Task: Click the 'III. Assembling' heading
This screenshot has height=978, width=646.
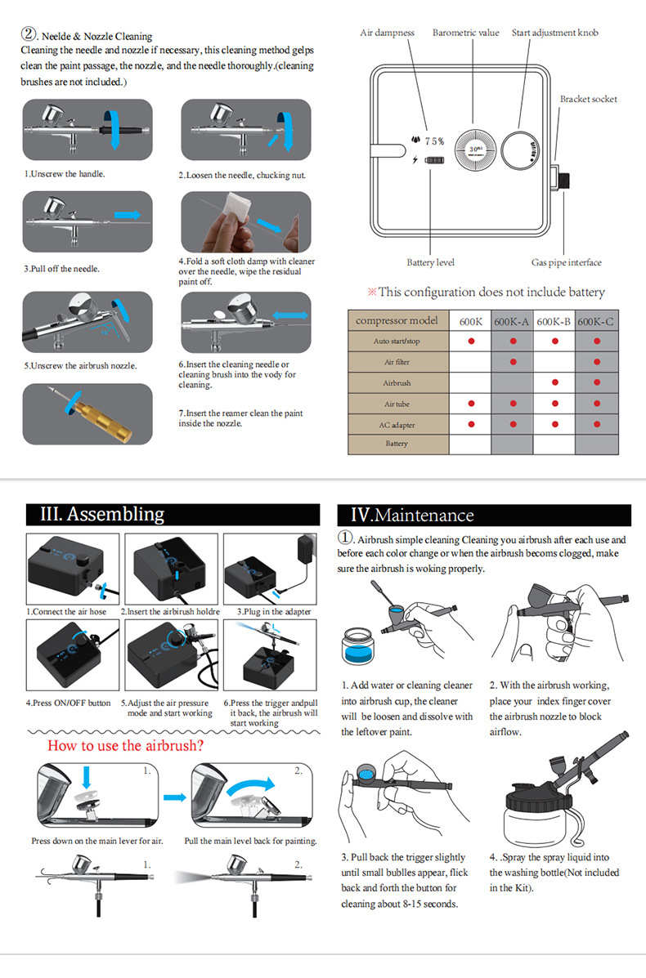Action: click(102, 514)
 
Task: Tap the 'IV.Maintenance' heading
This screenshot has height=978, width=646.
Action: click(411, 515)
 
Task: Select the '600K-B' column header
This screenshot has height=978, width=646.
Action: click(554, 321)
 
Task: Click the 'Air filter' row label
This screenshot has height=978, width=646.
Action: click(397, 362)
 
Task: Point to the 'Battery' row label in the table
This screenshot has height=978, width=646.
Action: click(397, 444)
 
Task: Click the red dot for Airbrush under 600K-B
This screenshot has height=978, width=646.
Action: click(554, 382)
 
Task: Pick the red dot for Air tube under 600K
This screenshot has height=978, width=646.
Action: click(470, 403)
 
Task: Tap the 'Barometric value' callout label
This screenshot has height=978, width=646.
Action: click(465, 33)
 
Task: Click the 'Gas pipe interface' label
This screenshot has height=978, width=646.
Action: click(566, 262)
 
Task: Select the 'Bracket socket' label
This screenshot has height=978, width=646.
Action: click(588, 99)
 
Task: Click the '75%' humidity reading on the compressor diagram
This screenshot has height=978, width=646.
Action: click(433, 141)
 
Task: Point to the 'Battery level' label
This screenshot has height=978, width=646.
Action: click(430, 262)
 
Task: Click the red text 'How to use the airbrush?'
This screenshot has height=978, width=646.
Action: click(125, 745)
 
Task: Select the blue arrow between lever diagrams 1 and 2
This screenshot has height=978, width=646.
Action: click(173, 797)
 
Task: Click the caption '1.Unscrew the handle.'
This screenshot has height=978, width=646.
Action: click(64, 174)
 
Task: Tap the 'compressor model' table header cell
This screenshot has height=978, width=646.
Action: click(397, 321)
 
